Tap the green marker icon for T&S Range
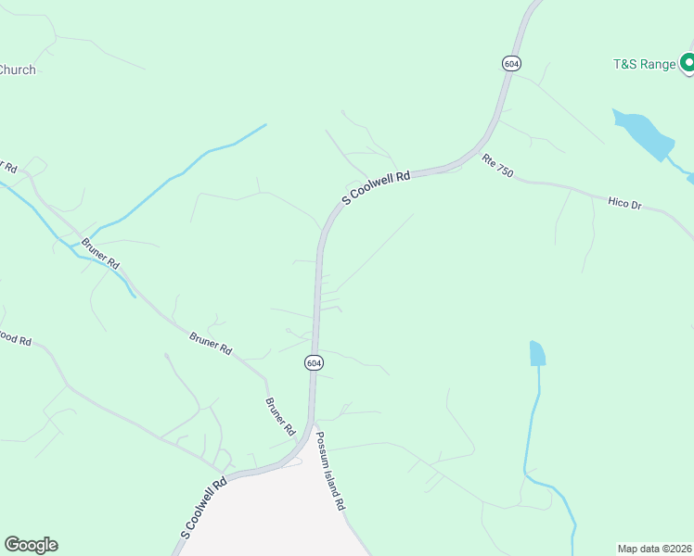click(x=688, y=63)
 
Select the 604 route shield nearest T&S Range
click(x=512, y=63)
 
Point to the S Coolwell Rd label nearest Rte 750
click(x=376, y=187)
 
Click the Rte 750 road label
click(x=497, y=166)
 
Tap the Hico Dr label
click(x=624, y=202)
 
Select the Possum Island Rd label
click(x=328, y=472)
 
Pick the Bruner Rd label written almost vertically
click(x=279, y=417)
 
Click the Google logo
click(x=31, y=545)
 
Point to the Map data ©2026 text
click(x=654, y=548)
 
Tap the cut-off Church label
click(x=17, y=69)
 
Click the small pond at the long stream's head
click(x=537, y=353)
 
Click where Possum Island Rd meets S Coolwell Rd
click(x=314, y=429)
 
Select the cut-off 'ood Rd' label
click(x=15, y=341)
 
